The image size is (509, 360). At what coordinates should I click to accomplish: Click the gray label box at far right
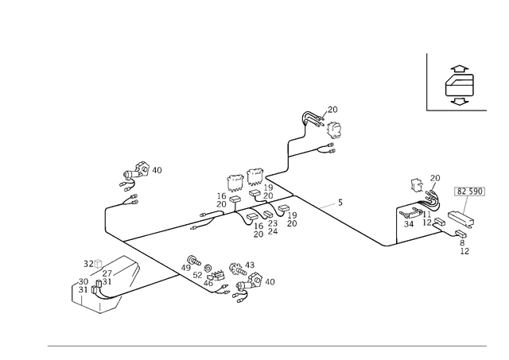469,192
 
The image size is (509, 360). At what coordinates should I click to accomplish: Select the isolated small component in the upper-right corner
459,85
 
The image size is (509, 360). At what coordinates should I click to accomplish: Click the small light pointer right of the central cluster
332,207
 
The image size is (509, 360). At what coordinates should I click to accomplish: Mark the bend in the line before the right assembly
387,246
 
